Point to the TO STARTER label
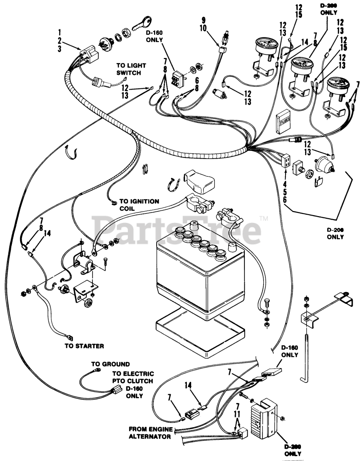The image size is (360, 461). coord(84,346)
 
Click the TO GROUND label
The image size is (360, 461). coord(112,364)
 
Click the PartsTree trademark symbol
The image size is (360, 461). coord(264,218)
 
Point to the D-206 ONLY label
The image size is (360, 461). coord(335,233)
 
